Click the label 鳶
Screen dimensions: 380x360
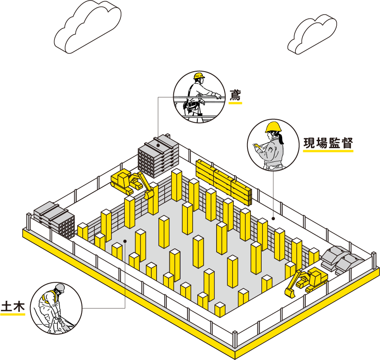(x=235, y=95)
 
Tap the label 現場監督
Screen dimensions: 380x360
(x=328, y=143)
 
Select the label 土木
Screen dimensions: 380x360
(x=13, y=306)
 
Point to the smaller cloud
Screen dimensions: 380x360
(x=312, y=34)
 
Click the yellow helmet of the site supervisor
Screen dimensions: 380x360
(x=273, y=127)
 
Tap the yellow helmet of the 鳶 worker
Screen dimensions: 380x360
(x=199, y=76)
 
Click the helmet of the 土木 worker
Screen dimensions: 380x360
(x=60, y=288)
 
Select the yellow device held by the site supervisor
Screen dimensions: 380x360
(x=256, y=146)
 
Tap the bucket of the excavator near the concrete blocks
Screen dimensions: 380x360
(x=290, y=293)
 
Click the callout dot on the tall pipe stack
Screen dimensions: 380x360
(x=158, y=145)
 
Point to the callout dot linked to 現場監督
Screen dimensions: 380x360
(x=273, y=218)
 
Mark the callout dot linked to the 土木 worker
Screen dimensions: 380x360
(x=125, y=241)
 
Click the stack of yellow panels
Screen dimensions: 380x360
(x=224, y=182)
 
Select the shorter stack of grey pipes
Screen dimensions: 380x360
(x=54, y=220)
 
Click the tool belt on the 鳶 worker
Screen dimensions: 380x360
(x=192, y=105)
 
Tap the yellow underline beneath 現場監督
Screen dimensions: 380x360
(x=328, y=151)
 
